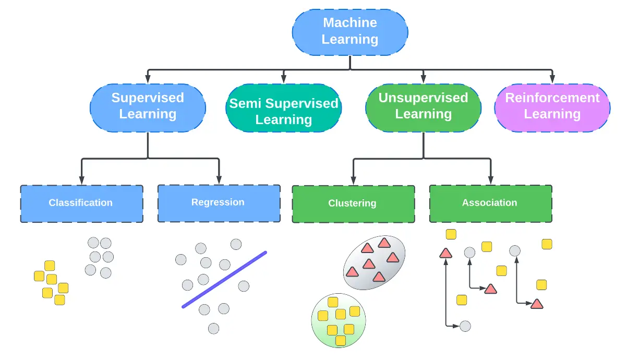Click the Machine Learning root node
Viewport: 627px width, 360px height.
(350, 31)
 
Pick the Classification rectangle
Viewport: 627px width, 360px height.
(81, 203)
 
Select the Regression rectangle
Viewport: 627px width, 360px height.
(219, 203)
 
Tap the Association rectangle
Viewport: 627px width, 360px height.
(490, 203)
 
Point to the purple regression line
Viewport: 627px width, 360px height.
(224, 280)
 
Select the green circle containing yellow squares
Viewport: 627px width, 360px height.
(338, 320)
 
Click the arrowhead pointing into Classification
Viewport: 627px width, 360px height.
(81, 181)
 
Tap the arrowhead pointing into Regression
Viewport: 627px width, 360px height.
(219, 180)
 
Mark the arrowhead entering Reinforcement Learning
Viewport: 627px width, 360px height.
(552, 79)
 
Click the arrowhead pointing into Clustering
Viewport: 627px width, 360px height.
(353, 181)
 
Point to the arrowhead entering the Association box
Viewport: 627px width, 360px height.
(490, 181)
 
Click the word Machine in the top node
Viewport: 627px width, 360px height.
(350, 23)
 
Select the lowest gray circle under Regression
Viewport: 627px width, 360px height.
(213, 328)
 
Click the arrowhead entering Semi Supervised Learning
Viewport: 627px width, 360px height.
(284, 79)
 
